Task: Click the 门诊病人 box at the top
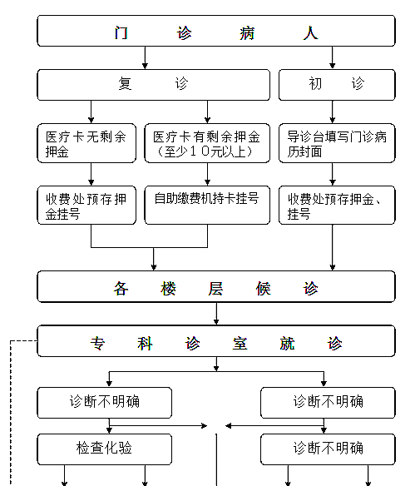(x=216, y=31)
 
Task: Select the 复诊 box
(x=153, y=85)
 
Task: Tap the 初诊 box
(x=337, y=85)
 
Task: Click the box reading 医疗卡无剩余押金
(x=86, y=143)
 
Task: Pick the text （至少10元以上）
(x=205, y=151)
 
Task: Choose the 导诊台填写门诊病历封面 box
(x=337, y=143)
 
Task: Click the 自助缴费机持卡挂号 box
(x=207, y=205)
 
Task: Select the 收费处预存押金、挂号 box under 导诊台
(x=337, y=205)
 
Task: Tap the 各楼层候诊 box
(x=216, y=286)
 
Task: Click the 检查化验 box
(x=104, y=449)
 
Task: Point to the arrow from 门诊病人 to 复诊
(x=145, y=57)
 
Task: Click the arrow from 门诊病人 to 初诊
(x=333, y=57)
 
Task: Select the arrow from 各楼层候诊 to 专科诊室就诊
(x=216, y=314)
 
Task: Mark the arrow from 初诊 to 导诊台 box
(x=333, y=112)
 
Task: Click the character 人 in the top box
(x=310, y=32)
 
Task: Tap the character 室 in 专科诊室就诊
(x=240, y=344)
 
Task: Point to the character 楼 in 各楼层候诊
(x=168, y=289)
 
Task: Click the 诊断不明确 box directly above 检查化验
(x=104, y=403)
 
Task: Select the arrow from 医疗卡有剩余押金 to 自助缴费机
(x=207, y=174)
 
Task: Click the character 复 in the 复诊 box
(x=125, y=83)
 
